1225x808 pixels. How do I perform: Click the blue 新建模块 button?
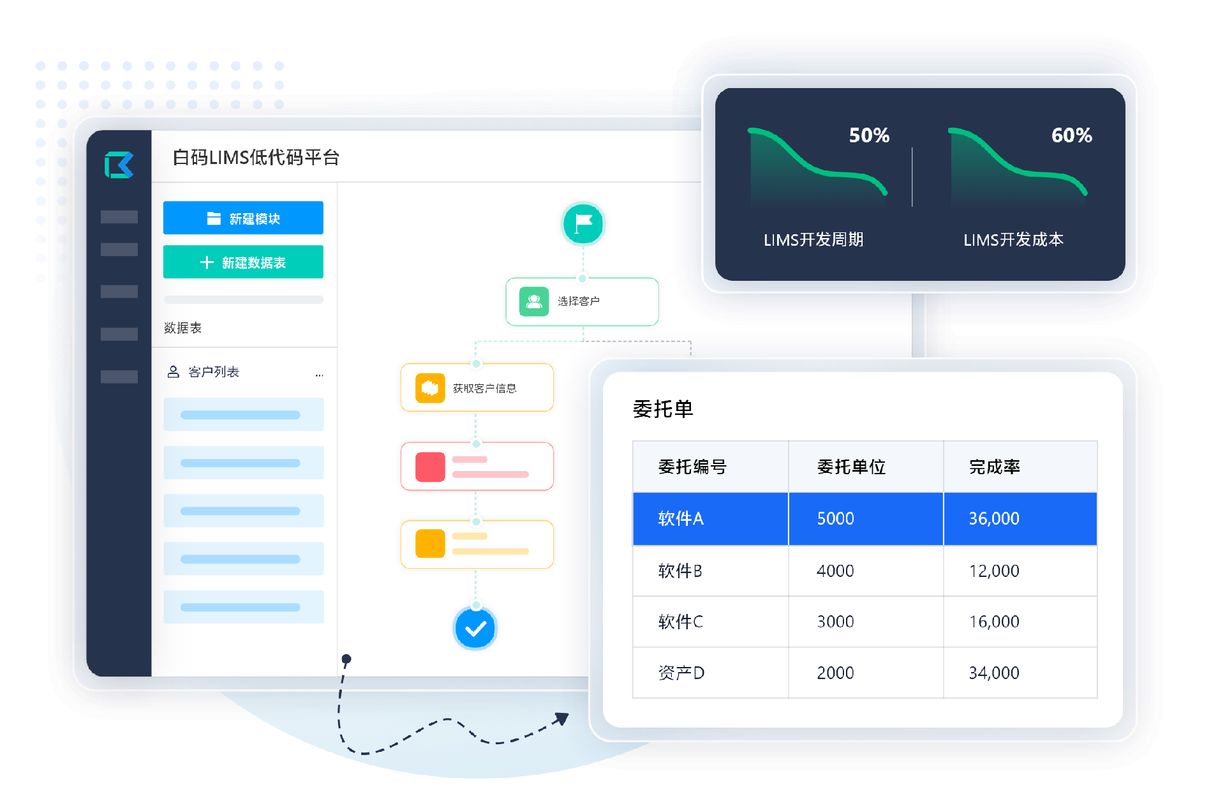(x=243, y=218)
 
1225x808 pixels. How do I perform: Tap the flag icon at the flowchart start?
(x=583, y=224)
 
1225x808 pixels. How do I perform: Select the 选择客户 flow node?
(x=582, y=301)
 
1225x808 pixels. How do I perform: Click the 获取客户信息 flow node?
(x=477, y=388)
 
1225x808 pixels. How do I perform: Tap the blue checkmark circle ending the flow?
(x=475, y=629)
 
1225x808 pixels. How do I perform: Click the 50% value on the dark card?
(x=869, y=135)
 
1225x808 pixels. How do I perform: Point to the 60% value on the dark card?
(x=1072, y=135)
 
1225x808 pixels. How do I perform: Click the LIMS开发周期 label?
(x=813, y=240)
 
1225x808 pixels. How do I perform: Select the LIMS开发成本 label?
(x=1014, y=240)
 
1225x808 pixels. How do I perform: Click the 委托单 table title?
(x=663, y=409)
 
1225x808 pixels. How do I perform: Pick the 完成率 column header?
(x=995, y=467)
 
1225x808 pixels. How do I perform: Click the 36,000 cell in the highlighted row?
(x=994, y=518)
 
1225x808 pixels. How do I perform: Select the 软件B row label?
(x=680, y=571)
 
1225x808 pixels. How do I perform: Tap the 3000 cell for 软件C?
(x=836, y=622)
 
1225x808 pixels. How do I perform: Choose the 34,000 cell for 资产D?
(x=994, y=673)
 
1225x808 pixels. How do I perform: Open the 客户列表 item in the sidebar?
(x=214, y=372)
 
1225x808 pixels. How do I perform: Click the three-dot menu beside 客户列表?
(x=319, y=375)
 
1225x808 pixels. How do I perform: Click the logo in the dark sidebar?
(x=119, y=165)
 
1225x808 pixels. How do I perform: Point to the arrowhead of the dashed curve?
(x=561, y=719)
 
